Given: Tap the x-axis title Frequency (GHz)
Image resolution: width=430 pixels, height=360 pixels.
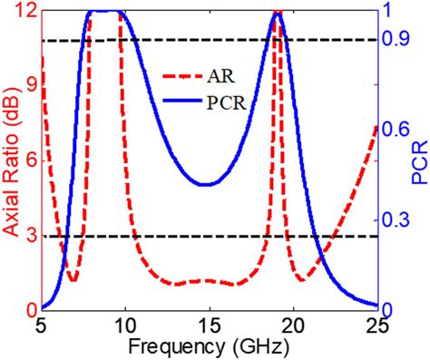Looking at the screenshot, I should click(208, 347).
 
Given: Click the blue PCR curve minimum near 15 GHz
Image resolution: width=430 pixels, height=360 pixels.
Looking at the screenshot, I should click(207, 184).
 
